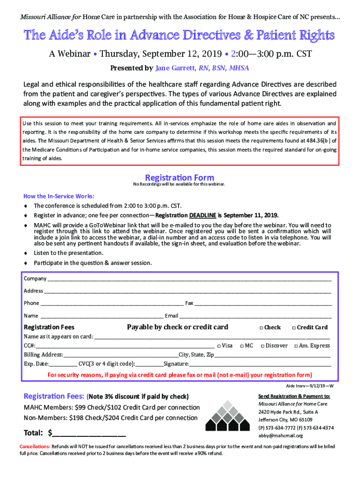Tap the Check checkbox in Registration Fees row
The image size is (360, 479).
point(261,327)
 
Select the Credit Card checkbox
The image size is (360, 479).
point(294,327)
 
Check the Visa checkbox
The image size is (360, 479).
point(219,346)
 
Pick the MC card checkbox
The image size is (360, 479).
point(242,346)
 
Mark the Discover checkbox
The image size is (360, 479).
point(262,346)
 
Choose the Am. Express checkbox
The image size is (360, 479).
point(296,346)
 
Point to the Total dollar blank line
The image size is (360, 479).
point(89,433)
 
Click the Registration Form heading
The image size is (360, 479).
point(180,178)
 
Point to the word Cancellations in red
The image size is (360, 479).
point(35,446)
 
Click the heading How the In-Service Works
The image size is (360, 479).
point(59,196)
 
